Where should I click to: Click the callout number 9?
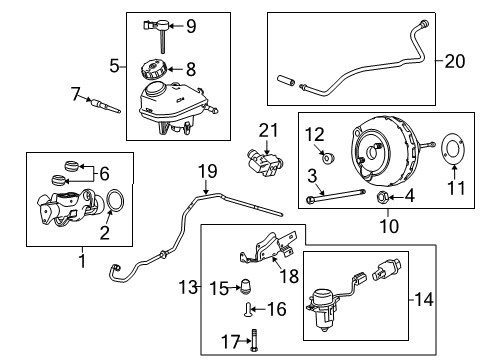pyautogui.click(x=191, y=25)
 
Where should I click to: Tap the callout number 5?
pyautogui.click(x=115, y=67)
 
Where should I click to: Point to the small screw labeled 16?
pyautogui.click(x=246, y=309)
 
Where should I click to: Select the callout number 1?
pyautogui.click(x=81, y=261)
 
